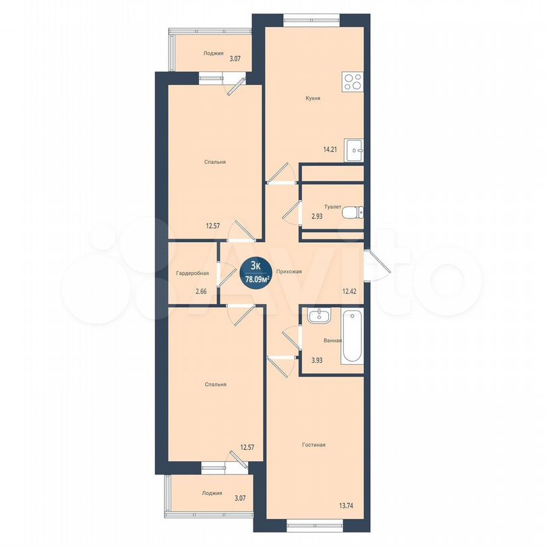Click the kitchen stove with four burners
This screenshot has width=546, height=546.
pos(353,82)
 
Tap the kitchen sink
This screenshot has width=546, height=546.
pos(354,150)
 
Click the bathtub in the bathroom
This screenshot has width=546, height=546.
pos(352,336)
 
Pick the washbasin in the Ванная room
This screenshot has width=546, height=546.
pos(320,316)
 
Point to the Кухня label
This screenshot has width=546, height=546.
pos(313,98)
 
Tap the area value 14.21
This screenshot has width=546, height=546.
pos(330,150)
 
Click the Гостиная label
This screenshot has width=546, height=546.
pos(313,445)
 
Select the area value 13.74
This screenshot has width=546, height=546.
pos(346,506)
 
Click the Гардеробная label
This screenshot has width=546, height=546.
pos(193,274)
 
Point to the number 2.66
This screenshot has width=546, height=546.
pos(201,291)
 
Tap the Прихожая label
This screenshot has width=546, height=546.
pos(289,272)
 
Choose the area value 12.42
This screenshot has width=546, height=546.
pos(349,291)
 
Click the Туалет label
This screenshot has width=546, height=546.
pos(332,207)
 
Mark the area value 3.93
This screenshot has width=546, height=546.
pos(317,361)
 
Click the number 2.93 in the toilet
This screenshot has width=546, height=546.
pos(317,216)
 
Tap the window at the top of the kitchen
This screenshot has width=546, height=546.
pos(311,20)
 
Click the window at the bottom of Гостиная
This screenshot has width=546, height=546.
pos(314,526)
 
